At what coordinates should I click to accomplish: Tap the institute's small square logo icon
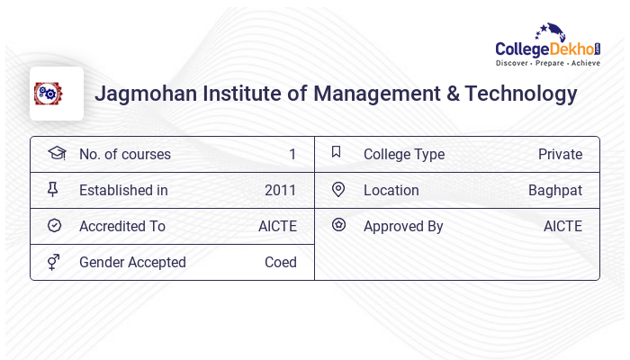point(49,94)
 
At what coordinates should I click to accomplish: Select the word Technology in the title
point(521,94)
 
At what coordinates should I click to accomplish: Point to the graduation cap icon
point(56,153)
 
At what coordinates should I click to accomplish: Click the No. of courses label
point(125,154)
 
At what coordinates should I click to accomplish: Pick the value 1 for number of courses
point(292,154)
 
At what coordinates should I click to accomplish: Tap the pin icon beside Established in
point(54,190)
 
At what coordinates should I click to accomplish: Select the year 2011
point(281,190)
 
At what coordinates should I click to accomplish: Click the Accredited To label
point(122,226)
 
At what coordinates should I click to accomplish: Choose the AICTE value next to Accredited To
point(277,226)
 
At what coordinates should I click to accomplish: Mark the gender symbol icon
point(54,262)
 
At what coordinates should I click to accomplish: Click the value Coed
point(281,262)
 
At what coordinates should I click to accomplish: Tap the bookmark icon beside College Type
point(337,153)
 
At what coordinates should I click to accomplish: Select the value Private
point(560,154)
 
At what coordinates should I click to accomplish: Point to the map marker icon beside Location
point(338,190)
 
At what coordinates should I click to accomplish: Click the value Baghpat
point(555,190)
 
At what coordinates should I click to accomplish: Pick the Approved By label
point(403,226)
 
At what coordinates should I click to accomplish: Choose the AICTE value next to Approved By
point(562,226)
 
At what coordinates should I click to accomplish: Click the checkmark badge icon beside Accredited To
point(54,226)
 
